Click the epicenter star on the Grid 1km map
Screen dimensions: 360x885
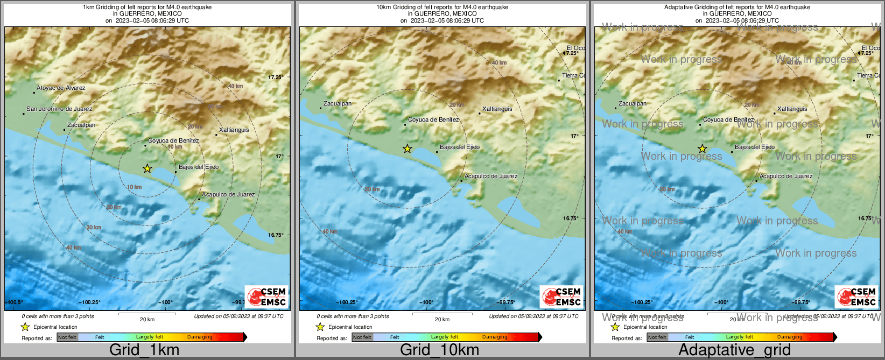(x=147, y=168)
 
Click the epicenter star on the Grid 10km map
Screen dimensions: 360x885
(x=408, y=149)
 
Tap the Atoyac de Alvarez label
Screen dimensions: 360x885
(x=61, y=88)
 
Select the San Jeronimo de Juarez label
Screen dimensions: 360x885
(x=59, y=109)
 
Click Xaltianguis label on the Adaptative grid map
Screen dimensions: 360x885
(x=792, y=109)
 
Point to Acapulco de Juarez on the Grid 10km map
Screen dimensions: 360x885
(x=491, y=176)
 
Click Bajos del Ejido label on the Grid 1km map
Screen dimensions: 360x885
(x=199, y=167)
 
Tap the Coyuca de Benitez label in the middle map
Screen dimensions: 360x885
(x=433, y=119)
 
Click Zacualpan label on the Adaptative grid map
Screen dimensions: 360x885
(x=633, y=103)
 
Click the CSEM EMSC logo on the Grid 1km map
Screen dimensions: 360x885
(x=267, y=297)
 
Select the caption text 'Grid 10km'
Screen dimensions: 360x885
(x=439, y=350)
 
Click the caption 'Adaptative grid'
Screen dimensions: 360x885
(x=734, y=350)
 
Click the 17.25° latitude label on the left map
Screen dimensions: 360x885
(x=276, y=77)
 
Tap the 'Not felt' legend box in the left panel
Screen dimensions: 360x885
(x=67, y=337)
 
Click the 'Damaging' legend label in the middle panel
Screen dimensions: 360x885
(x=495, y=337)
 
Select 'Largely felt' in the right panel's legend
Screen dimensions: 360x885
(x=740, y=337)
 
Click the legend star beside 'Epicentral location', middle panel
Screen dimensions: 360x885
(x=320, y=327)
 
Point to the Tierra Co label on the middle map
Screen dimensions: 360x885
(x=573, y=75)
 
